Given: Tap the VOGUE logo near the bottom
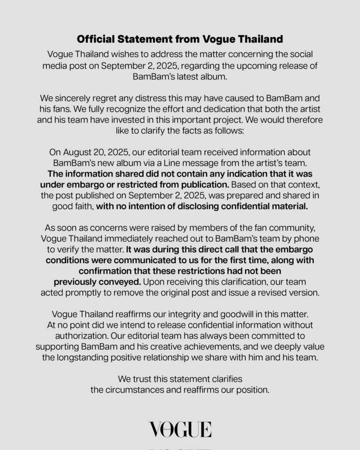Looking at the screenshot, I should pyautogui.click(x=180, y=429).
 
